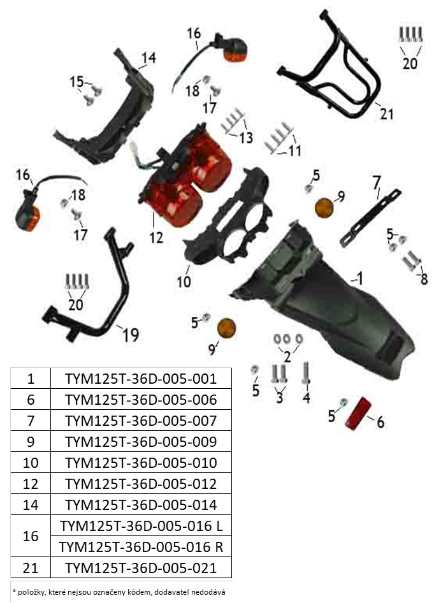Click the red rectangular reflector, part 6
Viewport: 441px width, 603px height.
coord(359,414)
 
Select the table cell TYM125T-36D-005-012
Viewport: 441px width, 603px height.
coord(141,483)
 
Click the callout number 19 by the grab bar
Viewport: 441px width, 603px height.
coord(131,335)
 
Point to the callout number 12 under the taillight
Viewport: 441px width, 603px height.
coord(156,237)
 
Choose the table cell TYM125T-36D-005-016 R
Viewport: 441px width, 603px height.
coord(141,546)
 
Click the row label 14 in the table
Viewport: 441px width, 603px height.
coord(31,505)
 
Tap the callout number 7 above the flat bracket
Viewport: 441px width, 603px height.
coord(377,182)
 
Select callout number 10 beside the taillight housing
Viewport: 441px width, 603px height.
coord(184,282)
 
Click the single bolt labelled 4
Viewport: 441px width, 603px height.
coord(307,372)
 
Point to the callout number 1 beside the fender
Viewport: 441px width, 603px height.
coord(359,278)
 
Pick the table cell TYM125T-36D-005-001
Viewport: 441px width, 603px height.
coord(141,379)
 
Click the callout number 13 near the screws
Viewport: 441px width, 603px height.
coord(246,137)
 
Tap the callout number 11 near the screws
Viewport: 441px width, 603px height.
coord(294,150)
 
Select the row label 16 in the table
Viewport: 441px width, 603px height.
coord(31,536)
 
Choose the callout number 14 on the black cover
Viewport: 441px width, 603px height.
coord(148,57)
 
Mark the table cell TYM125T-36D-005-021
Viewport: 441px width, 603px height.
coord(141,567)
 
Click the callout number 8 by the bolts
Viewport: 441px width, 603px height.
coord(424,279)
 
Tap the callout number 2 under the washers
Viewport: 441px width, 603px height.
coord(287,357)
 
